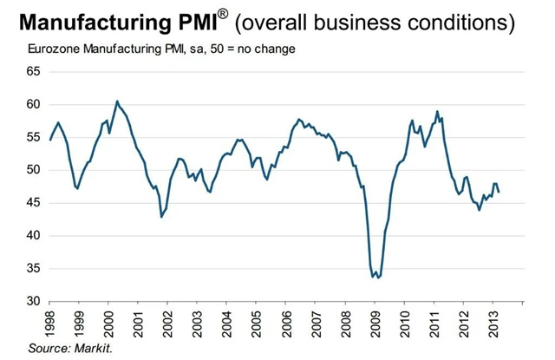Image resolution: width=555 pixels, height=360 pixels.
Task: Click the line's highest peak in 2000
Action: coord(117,101)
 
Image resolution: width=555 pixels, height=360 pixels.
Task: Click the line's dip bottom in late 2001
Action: coord(161,217)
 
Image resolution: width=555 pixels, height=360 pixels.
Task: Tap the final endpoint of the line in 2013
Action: coord(499,192)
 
